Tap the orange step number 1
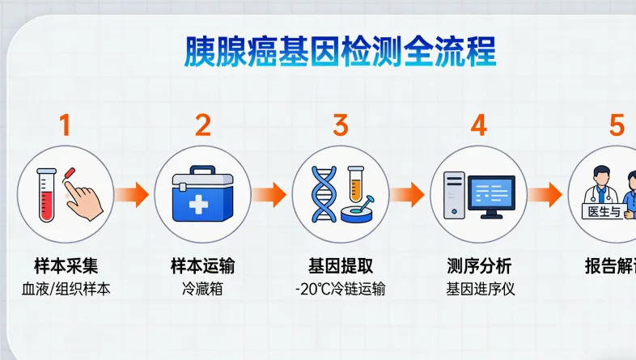(65, 125)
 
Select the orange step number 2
(203, 125)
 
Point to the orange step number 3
(341, 125)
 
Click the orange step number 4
(479, 125)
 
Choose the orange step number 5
(617, 125)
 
